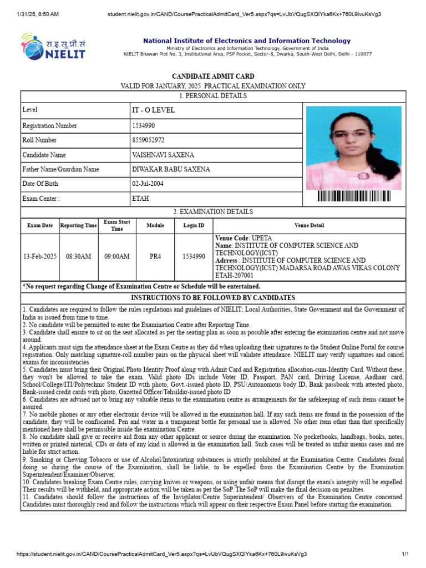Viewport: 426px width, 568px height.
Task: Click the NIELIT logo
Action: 53,46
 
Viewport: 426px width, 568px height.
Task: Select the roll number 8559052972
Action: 148,140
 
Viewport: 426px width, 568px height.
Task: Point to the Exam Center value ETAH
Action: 141,198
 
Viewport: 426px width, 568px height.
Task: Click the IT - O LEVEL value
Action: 153,110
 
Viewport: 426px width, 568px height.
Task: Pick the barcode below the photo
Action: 354,196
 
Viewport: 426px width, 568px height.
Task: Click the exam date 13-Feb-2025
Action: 40,257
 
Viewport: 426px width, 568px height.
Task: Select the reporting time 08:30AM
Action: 79,257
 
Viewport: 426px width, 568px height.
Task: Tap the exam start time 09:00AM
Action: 117,257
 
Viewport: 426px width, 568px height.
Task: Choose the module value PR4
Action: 155,257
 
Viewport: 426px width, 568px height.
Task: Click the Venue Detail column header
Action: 310,226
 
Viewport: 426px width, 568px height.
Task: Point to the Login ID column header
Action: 194,226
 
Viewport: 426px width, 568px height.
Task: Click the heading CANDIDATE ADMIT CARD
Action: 213,76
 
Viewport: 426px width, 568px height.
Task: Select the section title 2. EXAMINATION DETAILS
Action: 213,212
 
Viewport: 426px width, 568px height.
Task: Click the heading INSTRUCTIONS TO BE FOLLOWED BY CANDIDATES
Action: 213,298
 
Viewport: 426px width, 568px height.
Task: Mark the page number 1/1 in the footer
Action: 404,554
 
